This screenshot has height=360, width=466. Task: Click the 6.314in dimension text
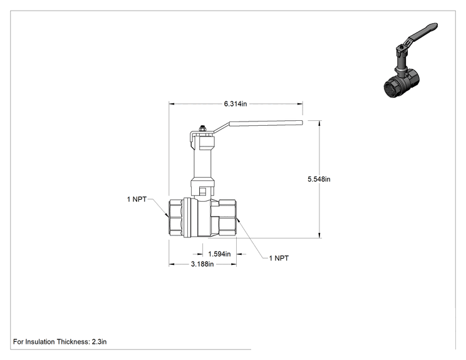236,104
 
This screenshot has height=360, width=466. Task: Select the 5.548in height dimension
319,179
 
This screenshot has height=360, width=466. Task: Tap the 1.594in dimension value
219,254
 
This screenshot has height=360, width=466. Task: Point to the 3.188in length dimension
202,264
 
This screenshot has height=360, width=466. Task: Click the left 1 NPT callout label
137,199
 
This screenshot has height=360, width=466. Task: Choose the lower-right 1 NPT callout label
279,258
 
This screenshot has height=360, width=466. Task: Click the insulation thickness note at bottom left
60,342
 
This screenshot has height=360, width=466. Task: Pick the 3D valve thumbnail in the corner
410,61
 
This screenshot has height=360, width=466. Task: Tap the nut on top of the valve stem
202,129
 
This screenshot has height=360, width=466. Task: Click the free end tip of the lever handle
302,122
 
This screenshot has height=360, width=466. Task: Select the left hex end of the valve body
176,218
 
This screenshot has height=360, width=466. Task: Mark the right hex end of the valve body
227,218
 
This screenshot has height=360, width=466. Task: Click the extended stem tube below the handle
202,164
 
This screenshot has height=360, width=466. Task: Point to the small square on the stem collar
202,192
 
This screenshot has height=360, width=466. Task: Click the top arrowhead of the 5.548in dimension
319,123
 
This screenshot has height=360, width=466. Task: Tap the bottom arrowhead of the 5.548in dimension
319,235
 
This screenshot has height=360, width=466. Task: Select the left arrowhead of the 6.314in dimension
172,104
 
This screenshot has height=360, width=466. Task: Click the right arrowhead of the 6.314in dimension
300,104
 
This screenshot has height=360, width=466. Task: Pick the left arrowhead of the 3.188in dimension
172,264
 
